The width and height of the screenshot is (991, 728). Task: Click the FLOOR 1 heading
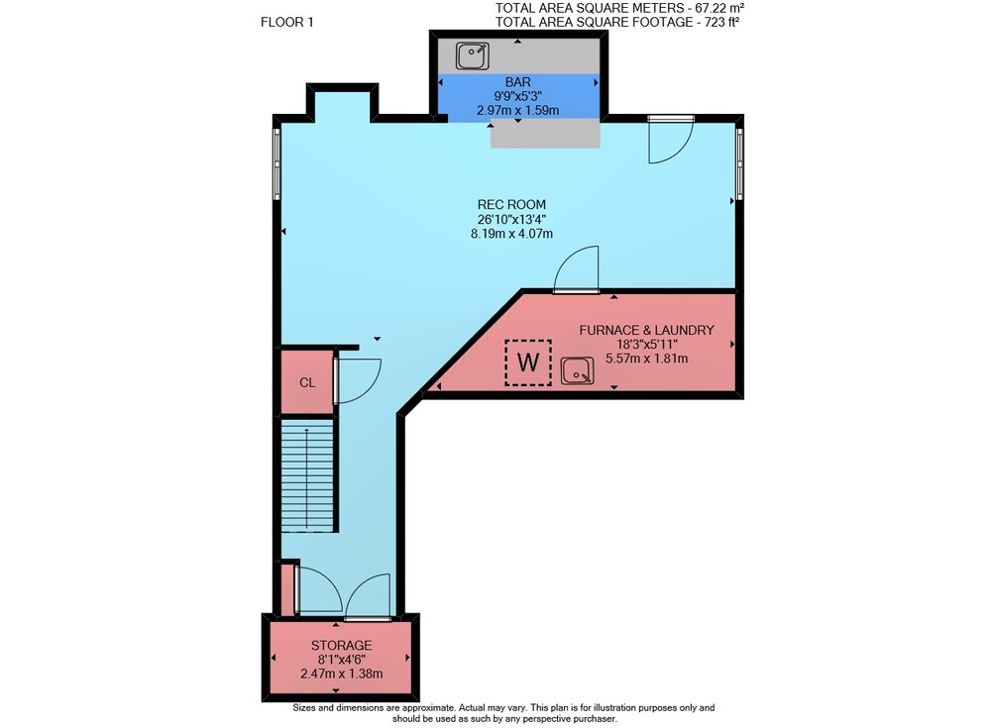[287, 22]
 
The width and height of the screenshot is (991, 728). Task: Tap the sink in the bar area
[472, 55]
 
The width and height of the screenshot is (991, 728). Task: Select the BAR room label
[517, 81]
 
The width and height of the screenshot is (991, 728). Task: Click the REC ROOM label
[511, 204]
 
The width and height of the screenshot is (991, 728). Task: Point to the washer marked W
[528, 363]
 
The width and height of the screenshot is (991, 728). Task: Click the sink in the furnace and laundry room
[577, 371]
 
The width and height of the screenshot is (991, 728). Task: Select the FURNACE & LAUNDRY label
[646, 330]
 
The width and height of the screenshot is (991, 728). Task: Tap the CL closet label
[307, 382]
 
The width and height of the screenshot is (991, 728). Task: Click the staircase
[307, 474]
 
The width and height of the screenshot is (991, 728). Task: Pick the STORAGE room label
[341, 645]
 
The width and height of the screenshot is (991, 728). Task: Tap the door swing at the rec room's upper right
[671, 141]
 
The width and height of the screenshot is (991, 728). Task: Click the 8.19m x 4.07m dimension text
[511, 233]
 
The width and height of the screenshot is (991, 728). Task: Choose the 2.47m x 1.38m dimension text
[341, 674]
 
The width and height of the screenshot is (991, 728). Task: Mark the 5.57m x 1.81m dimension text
[646, 359]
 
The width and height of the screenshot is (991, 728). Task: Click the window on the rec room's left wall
[276, 163]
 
